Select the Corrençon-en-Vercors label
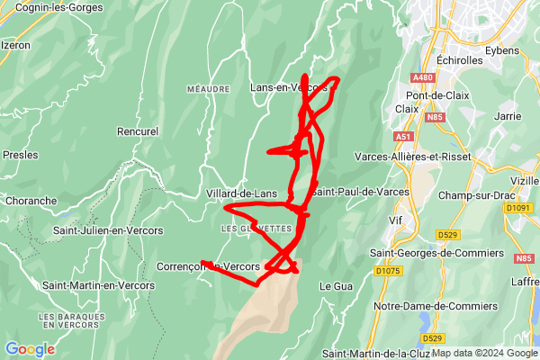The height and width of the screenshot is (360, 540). coord(208,266)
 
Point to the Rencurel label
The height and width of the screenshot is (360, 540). coord(137,131)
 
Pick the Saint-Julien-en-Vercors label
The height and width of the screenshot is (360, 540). coord(108,230)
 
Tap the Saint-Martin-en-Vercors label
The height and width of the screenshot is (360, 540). coord(98,285)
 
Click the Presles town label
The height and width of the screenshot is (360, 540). coord(20,155)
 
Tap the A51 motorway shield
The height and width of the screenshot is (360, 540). coord(403,136)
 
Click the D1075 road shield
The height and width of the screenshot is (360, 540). coord(389,270)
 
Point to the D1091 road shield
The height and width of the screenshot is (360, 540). coord(518,208)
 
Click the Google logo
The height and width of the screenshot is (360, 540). coord(30,349)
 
